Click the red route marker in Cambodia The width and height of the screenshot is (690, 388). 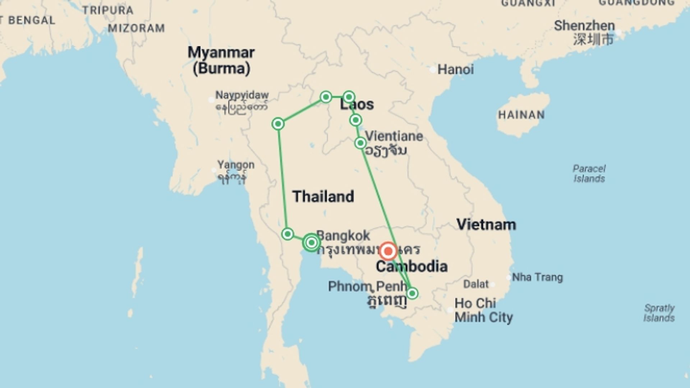tap(388, 251)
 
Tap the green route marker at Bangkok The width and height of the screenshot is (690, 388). tap(311, 242)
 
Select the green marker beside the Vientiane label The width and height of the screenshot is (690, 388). tap(360, 143)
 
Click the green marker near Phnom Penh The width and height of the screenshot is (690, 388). tap(412, 293)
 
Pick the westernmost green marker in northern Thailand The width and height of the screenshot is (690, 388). tap(278, 124)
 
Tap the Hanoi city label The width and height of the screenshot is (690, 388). tap(455, 69)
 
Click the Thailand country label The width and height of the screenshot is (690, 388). tap(323, 197)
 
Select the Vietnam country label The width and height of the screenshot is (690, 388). tap(486, 225)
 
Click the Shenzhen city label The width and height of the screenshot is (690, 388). tap(584, 26)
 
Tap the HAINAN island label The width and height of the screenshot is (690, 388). tap(521, 115)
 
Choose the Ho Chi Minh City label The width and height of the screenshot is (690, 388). tap(483, 310)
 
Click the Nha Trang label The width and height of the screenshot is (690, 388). tap(537, 277)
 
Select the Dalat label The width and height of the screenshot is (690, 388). tap(476, 284)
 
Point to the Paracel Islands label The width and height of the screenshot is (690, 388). tap(589, 174)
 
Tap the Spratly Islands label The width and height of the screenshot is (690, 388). tap(659, 313)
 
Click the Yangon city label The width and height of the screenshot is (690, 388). tap(236, 165)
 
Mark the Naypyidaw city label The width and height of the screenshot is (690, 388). tap(242, 95)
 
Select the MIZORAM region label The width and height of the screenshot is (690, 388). tap(136, 28)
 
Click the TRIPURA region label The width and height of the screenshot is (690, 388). tap(108, 10)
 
